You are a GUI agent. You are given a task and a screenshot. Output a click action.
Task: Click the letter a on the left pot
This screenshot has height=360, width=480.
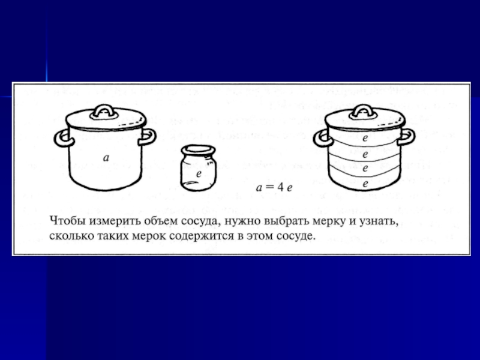point(106,158)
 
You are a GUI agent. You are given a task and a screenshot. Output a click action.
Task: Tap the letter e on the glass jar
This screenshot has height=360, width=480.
point(199,174)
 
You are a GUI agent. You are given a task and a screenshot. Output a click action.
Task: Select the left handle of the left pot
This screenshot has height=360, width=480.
point(63,138)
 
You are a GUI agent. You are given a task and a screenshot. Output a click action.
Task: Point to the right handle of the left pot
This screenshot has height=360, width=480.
point(148,137)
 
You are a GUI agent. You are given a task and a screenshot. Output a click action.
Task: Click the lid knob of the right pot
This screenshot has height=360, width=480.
point(363,112)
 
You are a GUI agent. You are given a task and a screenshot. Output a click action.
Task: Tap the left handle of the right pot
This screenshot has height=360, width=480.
point(322,138)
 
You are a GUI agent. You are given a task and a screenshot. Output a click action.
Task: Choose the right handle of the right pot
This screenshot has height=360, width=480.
point(407,137)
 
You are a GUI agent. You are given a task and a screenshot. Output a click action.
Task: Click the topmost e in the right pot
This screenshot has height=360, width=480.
point(365,139)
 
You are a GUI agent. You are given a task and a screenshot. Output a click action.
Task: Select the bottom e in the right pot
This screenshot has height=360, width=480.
point(365,184)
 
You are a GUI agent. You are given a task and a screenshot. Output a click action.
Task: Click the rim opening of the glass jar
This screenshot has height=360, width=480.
point(199,150)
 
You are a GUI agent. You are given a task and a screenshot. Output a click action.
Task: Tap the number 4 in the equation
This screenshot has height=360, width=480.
point(280,187)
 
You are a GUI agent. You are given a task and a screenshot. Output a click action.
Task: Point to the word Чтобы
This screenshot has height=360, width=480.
point(68,221)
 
